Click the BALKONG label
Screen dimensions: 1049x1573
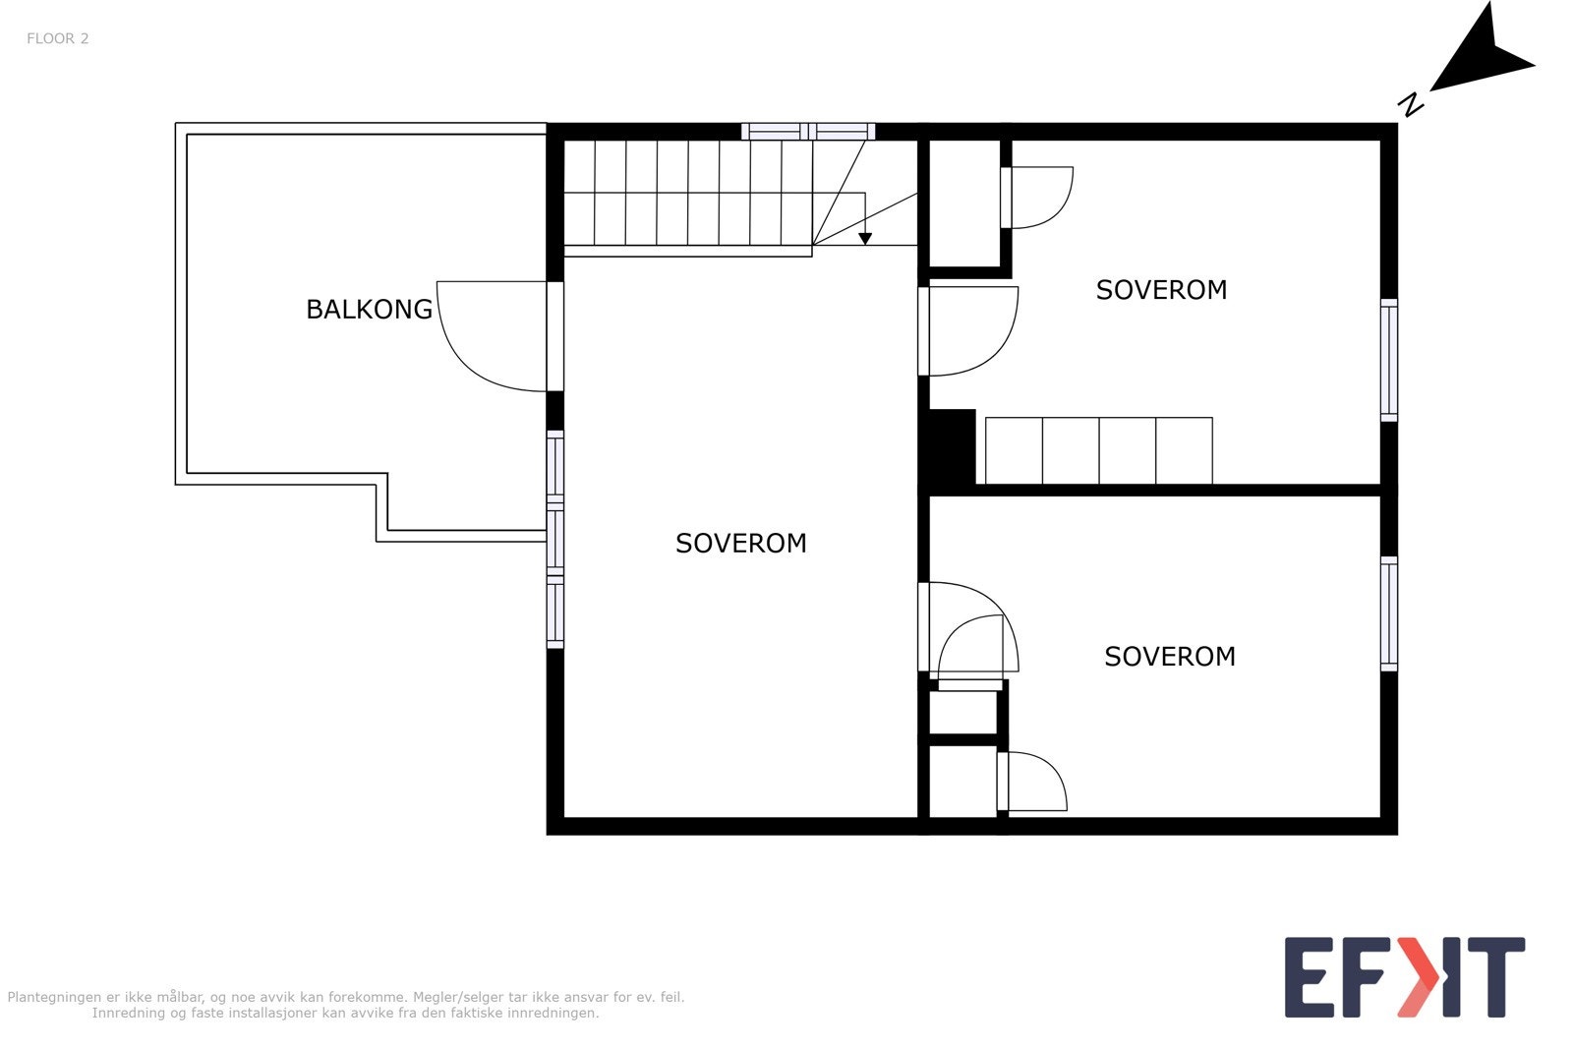pos(369,309)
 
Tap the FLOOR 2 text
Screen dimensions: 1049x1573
pos(57,38)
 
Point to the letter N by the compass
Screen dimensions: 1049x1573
pos(1412,104)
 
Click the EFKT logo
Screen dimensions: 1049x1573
pos(1404,977)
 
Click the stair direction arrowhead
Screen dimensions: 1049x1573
pos(865,238)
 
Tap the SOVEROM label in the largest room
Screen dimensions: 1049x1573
pos(740,543)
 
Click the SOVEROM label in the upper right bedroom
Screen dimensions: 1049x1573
pos(1161,290)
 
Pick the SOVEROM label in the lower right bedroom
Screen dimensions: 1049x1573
pos(1169,657)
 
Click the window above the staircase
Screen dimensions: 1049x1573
pos(808,131)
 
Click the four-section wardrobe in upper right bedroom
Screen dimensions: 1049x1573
pos(1098,450)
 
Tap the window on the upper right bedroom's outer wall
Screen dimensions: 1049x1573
pos(1388,360)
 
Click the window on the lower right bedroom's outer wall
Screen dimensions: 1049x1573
pos(1388,613)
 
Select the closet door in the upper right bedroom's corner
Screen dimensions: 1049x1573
pos(1037,198)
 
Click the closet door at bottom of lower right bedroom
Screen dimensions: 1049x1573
pos(1032,782)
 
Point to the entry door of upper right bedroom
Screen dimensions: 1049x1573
pos(968,331)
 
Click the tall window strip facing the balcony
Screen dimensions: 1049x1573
pos(555,539)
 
